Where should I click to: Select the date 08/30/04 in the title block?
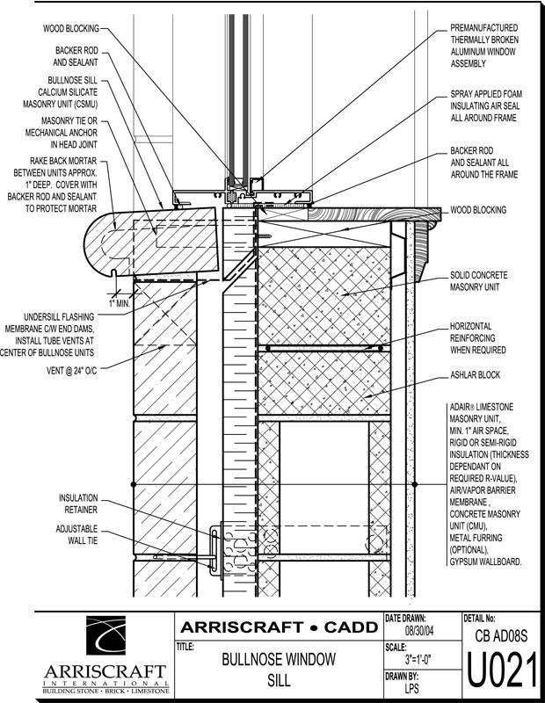tap(423, 631)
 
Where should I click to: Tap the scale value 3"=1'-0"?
tap(423, 659)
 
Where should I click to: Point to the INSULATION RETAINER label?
tap(78, 503)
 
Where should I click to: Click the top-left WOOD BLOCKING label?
tap(71, 28)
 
